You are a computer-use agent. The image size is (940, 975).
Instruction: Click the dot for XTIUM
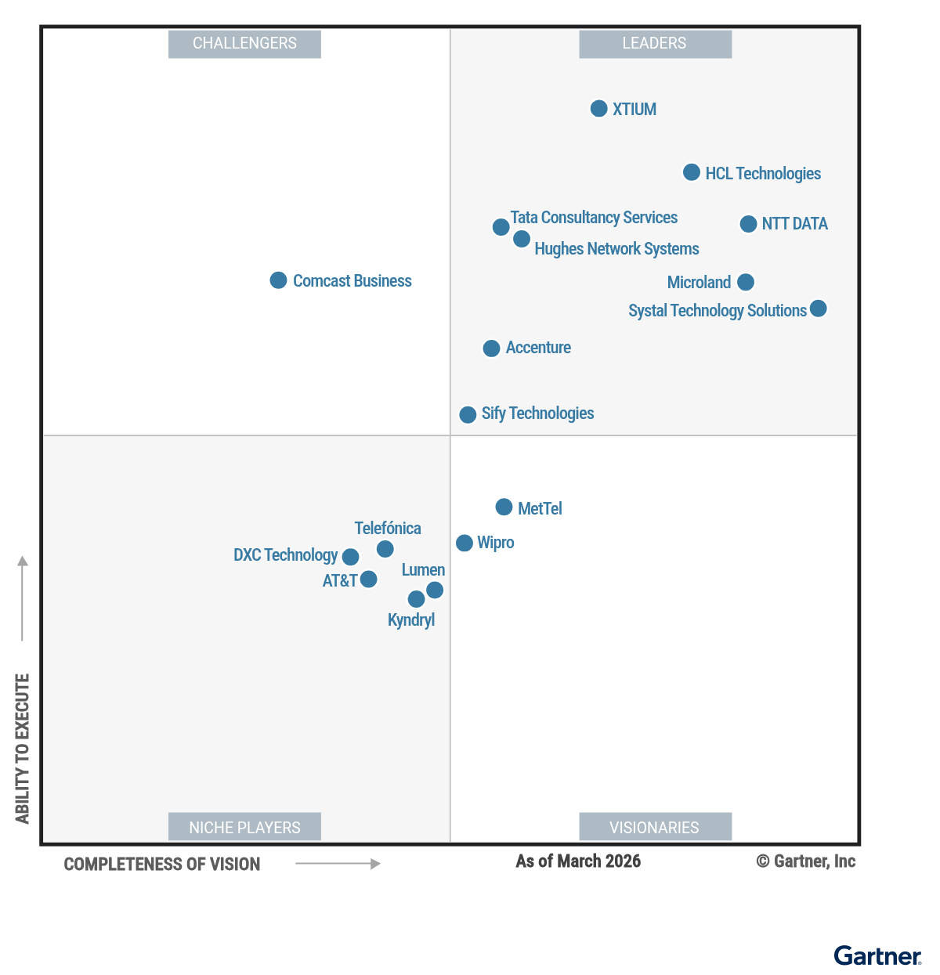point(598,109)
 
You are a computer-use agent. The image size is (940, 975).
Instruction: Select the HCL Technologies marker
point(691,172)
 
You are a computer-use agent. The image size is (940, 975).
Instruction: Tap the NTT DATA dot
point(748,224)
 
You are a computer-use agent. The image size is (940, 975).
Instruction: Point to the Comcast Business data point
point(278,280)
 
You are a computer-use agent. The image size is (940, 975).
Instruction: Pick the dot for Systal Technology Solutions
point(818,309)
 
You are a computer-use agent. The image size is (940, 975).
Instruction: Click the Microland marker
point(746,282)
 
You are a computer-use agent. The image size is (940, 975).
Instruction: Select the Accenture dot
point(491,348)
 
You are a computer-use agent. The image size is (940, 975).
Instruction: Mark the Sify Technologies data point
point(468,414)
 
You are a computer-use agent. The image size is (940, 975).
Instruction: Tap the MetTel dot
point(504,507)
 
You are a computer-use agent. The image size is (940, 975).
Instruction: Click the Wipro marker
point(465,543)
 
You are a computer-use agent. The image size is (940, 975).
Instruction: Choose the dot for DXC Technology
point(350,557)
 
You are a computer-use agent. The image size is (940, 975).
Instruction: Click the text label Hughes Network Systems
point(616,249)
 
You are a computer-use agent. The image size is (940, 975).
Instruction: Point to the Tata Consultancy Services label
point(594,218)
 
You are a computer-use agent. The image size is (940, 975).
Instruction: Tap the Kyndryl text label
point(411,620)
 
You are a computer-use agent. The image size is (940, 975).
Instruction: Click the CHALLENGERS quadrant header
point(244,44)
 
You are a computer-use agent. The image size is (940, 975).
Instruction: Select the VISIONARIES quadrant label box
point(655,827)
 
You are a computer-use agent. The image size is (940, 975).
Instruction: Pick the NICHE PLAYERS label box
point(244,827)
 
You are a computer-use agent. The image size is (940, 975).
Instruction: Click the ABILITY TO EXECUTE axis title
point(23,748)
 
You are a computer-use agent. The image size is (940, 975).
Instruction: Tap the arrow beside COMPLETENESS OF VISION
point(338,864)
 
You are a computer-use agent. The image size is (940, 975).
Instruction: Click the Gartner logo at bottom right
point(877,956)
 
